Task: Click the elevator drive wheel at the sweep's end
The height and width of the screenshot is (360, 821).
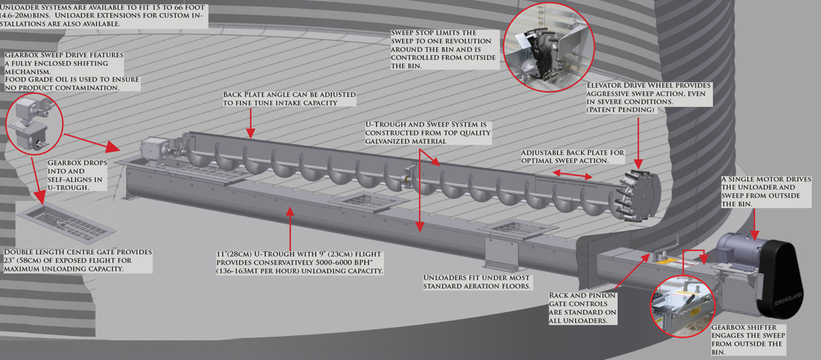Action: point(637,194)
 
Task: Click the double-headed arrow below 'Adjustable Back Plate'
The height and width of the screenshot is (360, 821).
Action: point(573,175)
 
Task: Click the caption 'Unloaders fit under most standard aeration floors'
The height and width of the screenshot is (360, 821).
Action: point(476,281)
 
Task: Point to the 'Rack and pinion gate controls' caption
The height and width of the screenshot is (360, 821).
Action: point(581,307)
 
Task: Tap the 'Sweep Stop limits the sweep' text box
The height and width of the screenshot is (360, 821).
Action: point(441,49)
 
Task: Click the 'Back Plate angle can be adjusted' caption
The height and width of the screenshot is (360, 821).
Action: point(290,98)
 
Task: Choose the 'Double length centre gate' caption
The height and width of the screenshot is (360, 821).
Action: point(77,260)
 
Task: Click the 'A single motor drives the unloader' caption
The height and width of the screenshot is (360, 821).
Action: point(766,191)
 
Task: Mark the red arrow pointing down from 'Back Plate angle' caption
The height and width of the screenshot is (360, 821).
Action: point(251,121)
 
